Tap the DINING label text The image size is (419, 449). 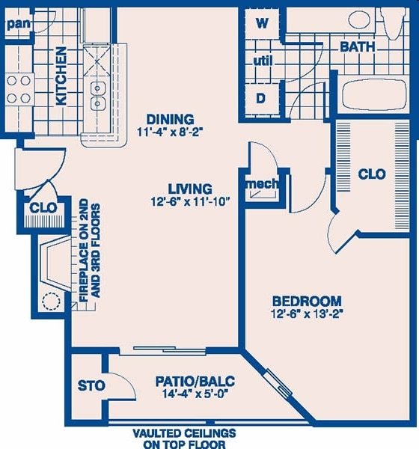coord(170,119)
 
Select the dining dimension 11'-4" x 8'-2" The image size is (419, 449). coord(170,132)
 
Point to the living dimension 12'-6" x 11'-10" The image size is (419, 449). coord(191,201)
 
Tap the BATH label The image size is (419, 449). coord(358,46)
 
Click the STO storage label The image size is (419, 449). coord(91,386)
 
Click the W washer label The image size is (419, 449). coord(262,22)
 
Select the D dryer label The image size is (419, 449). coord(261,97)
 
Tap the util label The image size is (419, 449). coord(262,60)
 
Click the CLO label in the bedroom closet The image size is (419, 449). coord(372,174)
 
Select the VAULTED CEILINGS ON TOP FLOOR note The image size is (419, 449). coord(184,439)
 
